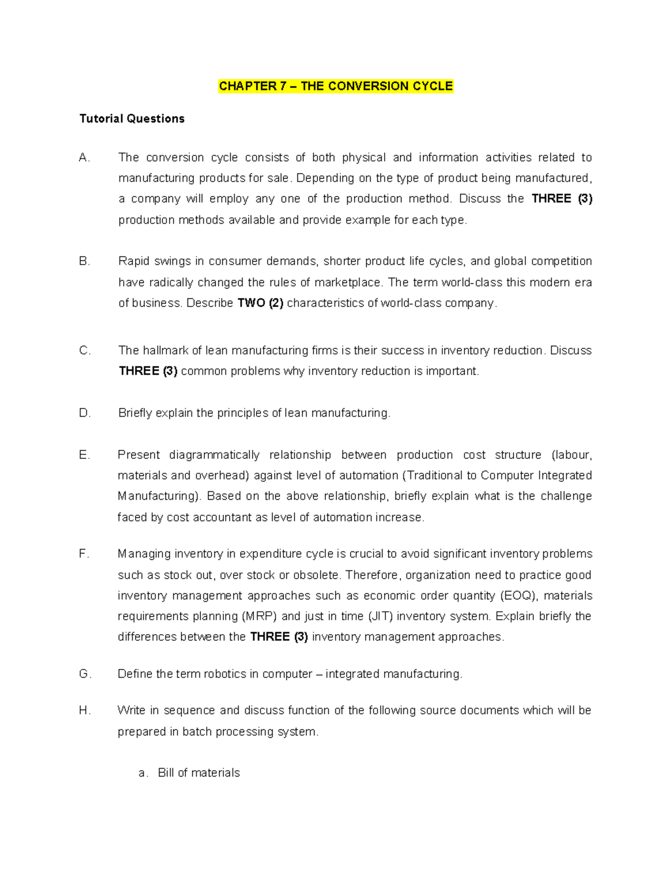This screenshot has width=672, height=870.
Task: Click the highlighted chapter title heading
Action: pyautogui.click(x=335, y=86)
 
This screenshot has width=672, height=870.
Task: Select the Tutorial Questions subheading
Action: pyautogui.click(x=132, y=119)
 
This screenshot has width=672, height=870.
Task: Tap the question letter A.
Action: pyautogui.click(x=85, y=158)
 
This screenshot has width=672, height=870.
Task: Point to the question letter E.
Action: pyautogui.click(x=85, y=455)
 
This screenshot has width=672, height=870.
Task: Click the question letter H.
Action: pyautogui.click(x=85, y=710)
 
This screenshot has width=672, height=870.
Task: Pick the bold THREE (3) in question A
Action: pyautogui.click(x=562, y=199)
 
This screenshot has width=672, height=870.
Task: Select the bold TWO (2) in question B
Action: pyautogui.click(x=260, y=303)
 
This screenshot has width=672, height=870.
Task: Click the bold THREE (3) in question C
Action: pyautogui.click(x=148, y=371)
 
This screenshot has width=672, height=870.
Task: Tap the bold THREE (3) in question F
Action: pyautogui.click(x=279, y=637)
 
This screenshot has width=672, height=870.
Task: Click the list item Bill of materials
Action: pyautogui.click(x=199, y=773)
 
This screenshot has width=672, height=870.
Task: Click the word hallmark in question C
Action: pyautogui.click(x=166, y=351)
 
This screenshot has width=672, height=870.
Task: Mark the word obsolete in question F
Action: pyautogui.click(x=316, y=575)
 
